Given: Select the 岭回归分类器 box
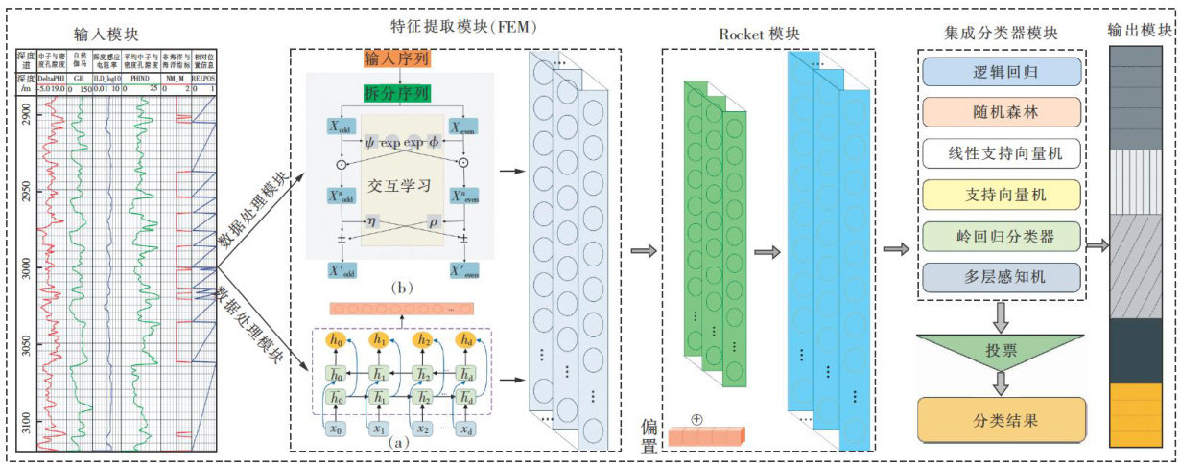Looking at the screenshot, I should (1001, 236).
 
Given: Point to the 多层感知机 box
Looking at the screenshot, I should (1001, 276).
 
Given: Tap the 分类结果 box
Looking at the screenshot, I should (1001, 420).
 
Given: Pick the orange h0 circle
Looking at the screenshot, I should (337, 339).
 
